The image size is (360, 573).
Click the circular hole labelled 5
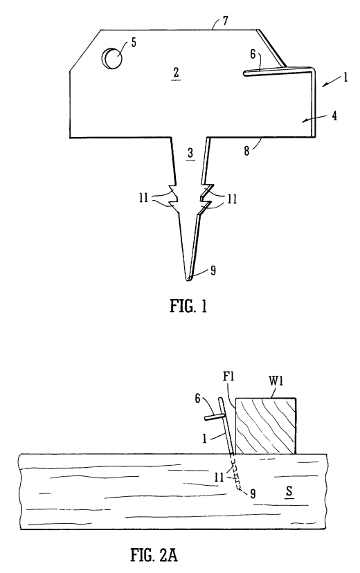coord(113,58)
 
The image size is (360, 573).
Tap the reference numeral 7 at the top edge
coord(225,21)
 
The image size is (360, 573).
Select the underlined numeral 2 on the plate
coord(176,73)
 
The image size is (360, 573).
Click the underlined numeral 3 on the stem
coord(190,154)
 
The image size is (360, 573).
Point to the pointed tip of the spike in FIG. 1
coord(188,280)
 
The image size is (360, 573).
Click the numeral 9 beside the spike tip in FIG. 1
coord(213,271)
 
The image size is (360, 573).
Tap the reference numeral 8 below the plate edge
coord(246,151)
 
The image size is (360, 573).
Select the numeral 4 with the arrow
coord(334,116)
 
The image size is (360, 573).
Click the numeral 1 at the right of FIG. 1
coord(345,78)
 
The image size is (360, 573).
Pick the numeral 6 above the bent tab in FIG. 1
coord(253,54)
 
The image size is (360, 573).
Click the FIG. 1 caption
coord(188,307)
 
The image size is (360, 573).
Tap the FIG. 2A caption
coord(154,555)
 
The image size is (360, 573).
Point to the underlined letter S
coord(289,491)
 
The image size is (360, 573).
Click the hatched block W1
coord(266,426)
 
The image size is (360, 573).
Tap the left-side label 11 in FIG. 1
coord(143,198)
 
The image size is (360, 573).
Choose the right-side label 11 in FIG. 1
coord(232,199)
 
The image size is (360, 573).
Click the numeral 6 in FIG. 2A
coord(197,399)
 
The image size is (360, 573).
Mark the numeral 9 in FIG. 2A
coord(252,494)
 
